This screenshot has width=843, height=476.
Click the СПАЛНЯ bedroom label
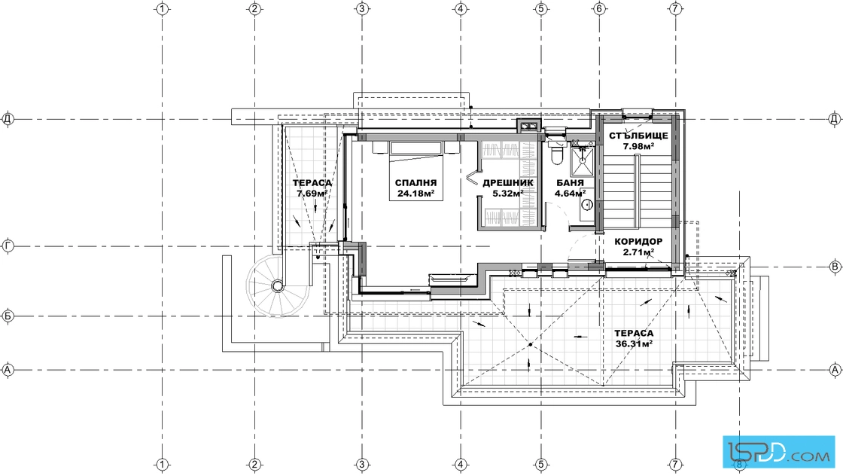(415, 183)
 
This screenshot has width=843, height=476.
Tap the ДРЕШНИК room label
(508, 183)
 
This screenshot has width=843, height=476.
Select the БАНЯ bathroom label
(570, 183)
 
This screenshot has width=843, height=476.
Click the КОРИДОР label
(638, 242)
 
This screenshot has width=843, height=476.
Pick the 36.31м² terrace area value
(634, 343)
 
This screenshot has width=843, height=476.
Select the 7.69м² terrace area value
(312, 194)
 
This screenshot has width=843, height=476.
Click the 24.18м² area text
(415, 194)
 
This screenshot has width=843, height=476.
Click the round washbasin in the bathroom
(587, 204)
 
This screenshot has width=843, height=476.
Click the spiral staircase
(278, 285)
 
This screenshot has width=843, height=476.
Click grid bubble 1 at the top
(163, 8)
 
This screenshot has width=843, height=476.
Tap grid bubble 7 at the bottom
(676, 464)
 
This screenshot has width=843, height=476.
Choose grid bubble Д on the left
(8, 118)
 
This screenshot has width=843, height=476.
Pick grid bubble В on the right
(835, 266)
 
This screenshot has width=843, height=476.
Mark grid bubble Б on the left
(8, 316)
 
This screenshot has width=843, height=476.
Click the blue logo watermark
(778, 450)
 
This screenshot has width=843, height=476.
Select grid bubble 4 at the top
(460, 8)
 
